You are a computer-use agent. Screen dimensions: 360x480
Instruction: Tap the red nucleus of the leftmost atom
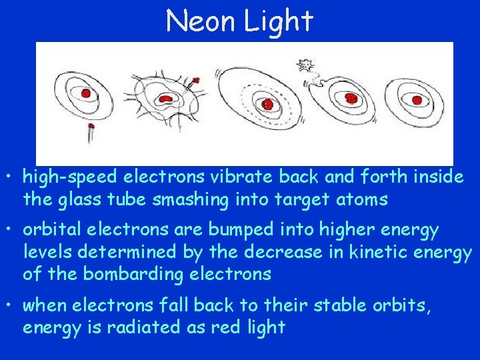(87, 93)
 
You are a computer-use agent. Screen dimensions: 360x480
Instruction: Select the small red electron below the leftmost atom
(91, 125)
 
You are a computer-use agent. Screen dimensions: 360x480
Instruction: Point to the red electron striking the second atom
(196, 81)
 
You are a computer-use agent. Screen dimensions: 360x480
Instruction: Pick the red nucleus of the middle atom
(267, 105)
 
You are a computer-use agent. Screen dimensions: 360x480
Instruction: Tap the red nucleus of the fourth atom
(351, 99)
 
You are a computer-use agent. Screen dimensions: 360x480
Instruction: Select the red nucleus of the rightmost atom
(417, 100)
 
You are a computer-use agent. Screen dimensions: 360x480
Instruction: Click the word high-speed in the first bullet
(61, 178)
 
